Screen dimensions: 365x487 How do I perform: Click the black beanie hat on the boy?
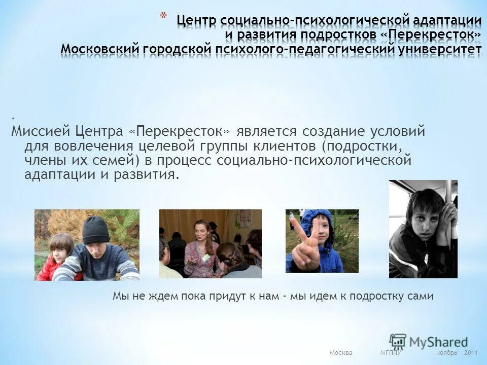(96, 230)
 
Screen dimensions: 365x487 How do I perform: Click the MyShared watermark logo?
(429, 341)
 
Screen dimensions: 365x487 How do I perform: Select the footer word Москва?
(340, 353)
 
